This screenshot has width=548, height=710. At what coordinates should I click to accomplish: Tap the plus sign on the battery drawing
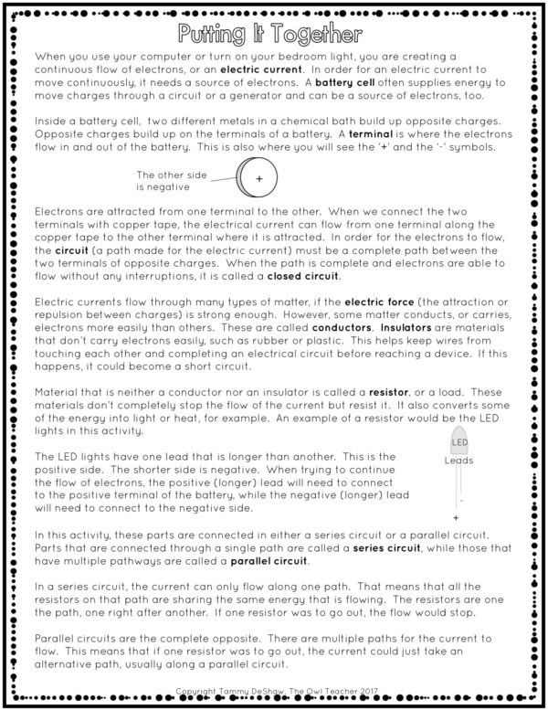(258, 179)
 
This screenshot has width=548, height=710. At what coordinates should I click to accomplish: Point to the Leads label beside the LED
(458, 461)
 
